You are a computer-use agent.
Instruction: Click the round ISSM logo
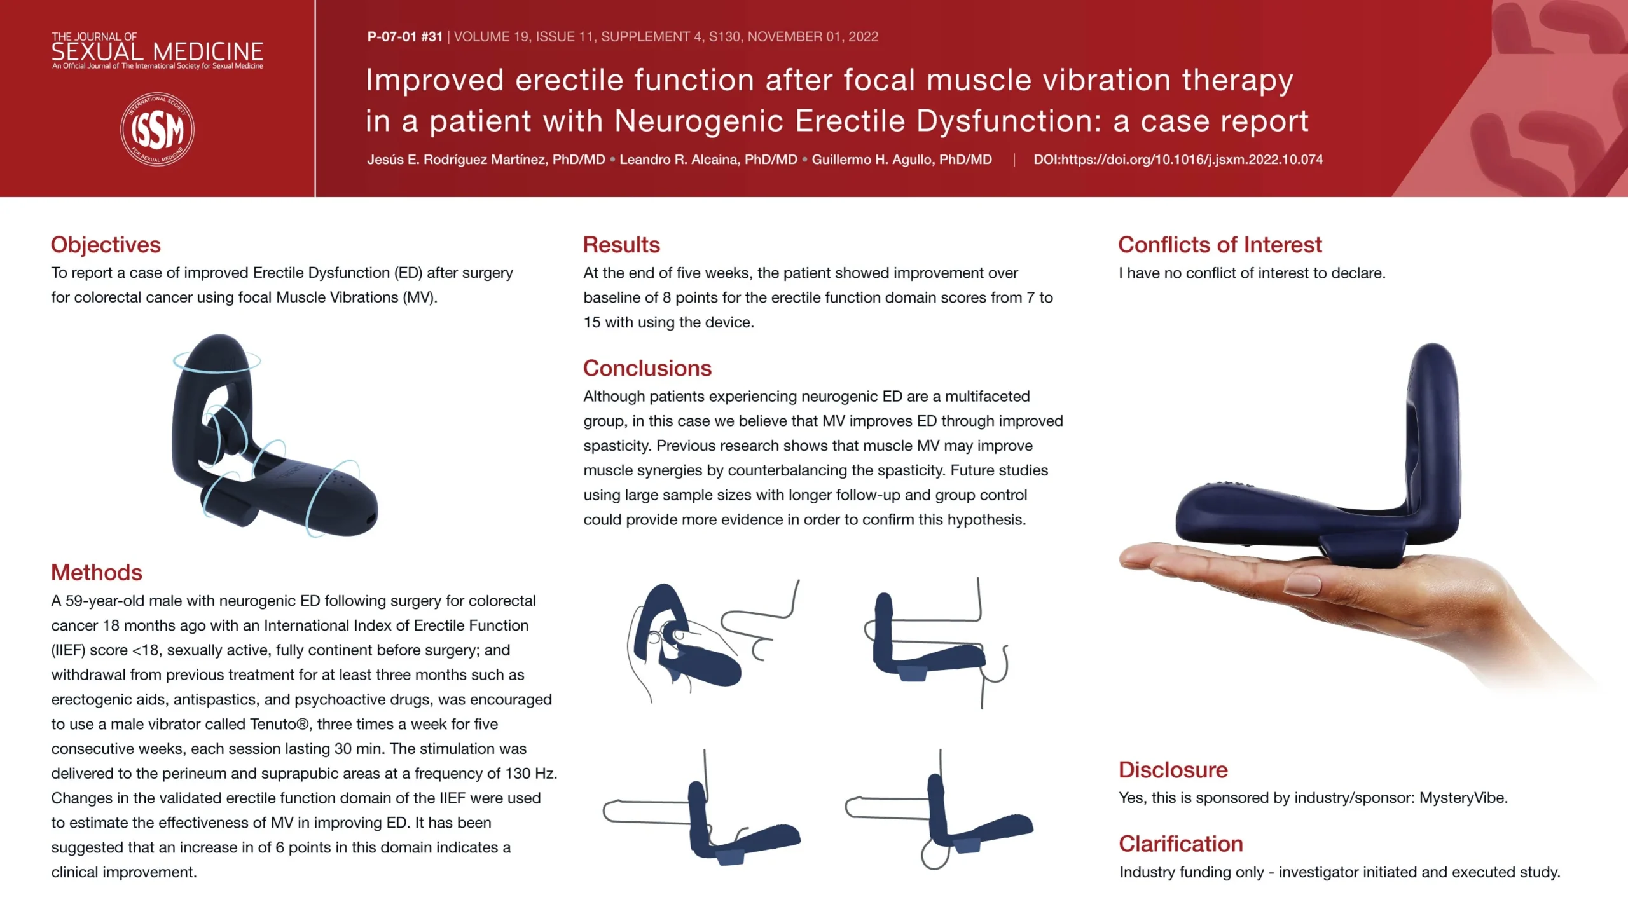[157, 129]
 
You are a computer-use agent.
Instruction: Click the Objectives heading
[106, 245]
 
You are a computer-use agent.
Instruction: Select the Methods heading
[97, 572]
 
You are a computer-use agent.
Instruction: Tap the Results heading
[621, 245]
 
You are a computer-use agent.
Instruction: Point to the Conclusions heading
[647, 368]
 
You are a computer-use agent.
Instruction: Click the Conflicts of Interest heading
[1220, 245]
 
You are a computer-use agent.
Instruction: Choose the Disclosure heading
[1173, 770]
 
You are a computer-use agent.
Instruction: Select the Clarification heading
[1181, 844]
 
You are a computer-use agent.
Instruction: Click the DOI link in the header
[1178, 160]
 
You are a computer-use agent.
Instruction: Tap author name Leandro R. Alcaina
[708, 160]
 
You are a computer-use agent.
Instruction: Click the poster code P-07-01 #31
[404, 37]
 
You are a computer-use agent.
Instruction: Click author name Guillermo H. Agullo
[902, 160]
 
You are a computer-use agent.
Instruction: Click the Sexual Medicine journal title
[157, 50]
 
